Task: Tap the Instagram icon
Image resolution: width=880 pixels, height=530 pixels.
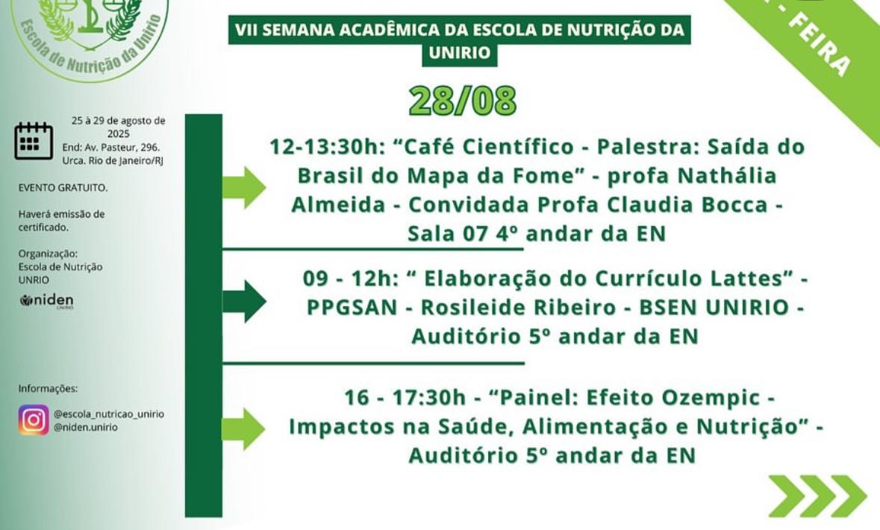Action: click(x=34, y=420)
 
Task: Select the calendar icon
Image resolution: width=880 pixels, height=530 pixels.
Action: click(x=34, y=140)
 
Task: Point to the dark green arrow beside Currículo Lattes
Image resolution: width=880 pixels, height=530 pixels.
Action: click(x=244, y=302)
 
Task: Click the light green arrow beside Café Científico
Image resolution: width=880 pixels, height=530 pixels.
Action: click(x=244, y=187)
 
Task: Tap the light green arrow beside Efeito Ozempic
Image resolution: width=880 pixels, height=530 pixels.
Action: click(x=244, y=429)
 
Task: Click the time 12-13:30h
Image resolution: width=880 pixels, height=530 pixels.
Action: click(x=325, y=146)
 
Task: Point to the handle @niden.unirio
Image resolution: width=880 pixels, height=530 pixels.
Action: click(x=85, y=428)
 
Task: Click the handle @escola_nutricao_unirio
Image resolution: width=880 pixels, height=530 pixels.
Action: click(x=108, y=414)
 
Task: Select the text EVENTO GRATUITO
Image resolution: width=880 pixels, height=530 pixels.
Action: click(x=63, y=188)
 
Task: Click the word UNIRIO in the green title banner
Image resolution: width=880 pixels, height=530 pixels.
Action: click(x=459, y=53)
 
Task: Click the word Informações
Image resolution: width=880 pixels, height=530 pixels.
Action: click(x=48, y=388)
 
